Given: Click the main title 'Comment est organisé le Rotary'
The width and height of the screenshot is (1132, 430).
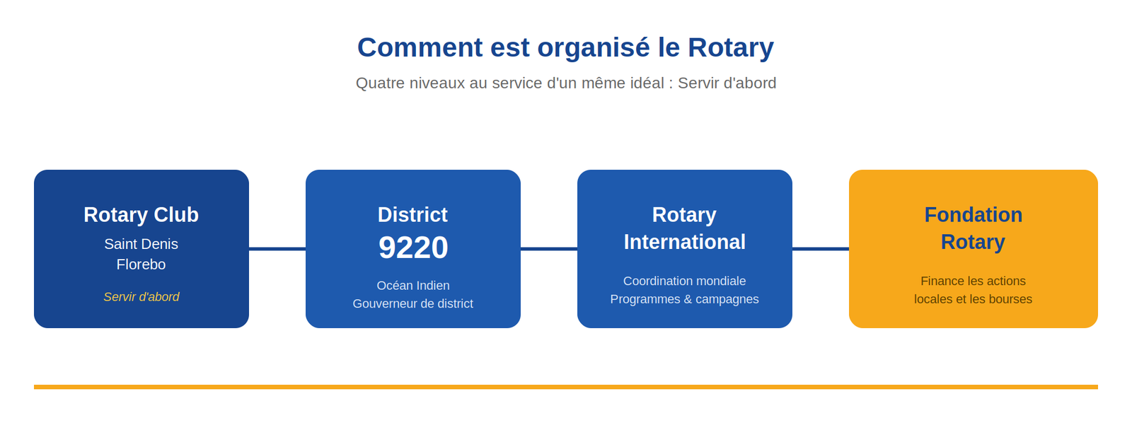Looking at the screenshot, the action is tap(565, 47).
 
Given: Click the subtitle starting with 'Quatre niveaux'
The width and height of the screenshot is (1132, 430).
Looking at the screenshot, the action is tap(565, 83).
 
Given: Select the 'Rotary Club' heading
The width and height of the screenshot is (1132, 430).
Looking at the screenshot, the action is tap(141, 215).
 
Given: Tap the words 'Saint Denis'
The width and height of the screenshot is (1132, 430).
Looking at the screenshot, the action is tap(141, 244).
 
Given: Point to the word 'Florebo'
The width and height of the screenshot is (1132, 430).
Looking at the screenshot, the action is tap(141, 265).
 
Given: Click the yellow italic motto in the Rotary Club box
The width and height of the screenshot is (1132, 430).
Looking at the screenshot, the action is tap(141, 296).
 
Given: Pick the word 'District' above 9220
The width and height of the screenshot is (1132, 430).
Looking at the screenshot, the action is tap(412, 215).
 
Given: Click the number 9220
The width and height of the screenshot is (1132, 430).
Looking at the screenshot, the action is tap(413, 248).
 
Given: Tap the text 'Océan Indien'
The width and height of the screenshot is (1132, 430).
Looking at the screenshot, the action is tap(413, 286).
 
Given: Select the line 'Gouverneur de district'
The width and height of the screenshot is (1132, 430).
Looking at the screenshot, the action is tap(413, 303).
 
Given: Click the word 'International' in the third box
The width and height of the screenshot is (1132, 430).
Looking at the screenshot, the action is tap(684, 242).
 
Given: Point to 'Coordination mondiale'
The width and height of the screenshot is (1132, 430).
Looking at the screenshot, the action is tap(684, 281).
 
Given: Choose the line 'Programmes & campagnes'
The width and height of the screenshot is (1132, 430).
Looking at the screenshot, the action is tap(684, 299).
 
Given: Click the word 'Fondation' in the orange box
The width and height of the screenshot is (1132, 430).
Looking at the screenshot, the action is tap(973, 215).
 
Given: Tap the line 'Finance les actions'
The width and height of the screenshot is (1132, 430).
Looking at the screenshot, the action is tap(973, 281).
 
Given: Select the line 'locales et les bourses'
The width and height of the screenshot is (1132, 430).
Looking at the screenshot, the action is tap(973, 299).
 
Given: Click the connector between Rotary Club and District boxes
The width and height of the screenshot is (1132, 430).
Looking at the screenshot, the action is tap(277, 249).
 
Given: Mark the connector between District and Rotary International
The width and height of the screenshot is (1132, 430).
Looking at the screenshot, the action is tap(549, 249).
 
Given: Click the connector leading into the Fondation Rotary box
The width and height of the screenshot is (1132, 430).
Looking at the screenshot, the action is tap(821, 249).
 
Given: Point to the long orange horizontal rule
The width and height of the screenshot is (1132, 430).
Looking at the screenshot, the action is tap(565, 387).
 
